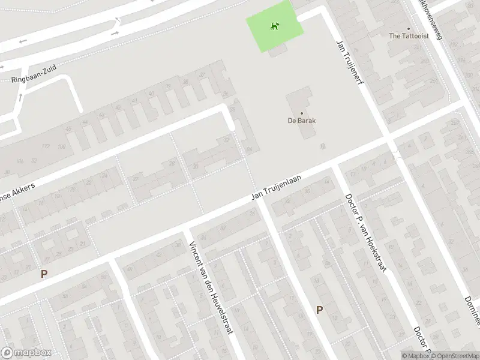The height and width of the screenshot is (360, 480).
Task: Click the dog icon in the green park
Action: pos(274,26)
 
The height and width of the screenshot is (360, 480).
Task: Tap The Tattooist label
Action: pos(408,36)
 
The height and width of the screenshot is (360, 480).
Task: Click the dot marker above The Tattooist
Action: pos(408,28)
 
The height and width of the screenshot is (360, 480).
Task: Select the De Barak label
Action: pos(302,120)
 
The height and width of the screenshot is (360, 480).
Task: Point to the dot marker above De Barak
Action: pos(302,112)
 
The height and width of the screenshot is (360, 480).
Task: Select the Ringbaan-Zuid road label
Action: pos(34,74)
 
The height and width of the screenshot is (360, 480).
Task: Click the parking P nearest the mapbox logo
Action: pos(43,274)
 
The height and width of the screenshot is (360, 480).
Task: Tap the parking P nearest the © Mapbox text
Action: pos(319,310)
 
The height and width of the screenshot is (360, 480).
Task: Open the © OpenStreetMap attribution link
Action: pos(454,355)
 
